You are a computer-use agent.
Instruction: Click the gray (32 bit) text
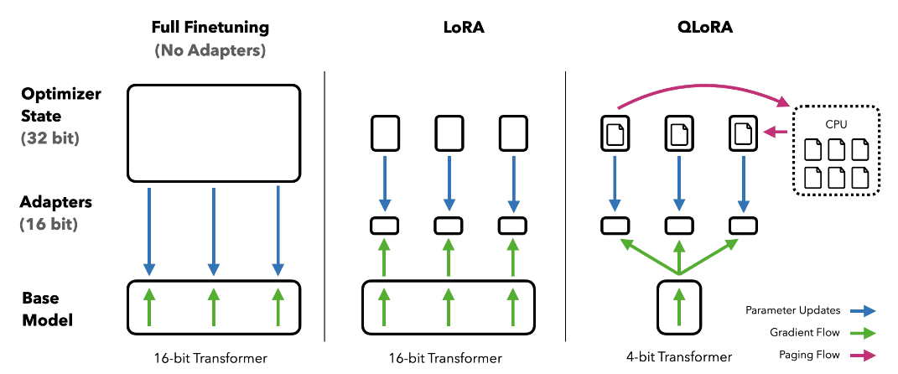pyautogui.click(x=50, y=137)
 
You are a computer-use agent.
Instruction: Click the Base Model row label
pyautogui.click(x=48, y=309)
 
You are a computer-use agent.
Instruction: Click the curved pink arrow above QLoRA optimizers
pyautogui.click(x=704, y=86)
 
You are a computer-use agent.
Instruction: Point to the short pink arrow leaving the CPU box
pyautogui.click(x=776, y=130)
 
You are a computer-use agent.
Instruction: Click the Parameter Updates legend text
pyautogui.click(x=792, y=311)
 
